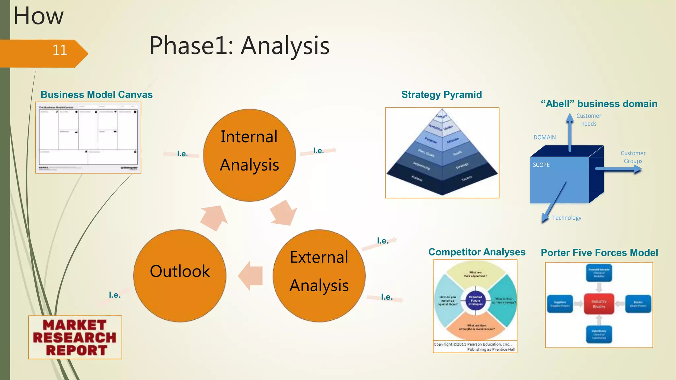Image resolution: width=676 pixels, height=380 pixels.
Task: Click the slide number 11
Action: coord(60,50)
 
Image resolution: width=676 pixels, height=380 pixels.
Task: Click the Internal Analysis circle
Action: coord(249,155)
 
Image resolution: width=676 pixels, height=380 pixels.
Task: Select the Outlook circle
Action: coord(180,275)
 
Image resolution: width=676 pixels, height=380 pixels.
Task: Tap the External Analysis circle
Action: coord(319,275)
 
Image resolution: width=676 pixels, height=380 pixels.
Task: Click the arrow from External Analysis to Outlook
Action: coord(251,275)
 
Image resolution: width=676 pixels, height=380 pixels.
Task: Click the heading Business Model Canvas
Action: coord(96,95)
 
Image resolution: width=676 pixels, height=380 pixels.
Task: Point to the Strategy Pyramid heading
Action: coord(441,95)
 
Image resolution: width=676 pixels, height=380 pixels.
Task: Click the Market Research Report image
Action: coord(75,337)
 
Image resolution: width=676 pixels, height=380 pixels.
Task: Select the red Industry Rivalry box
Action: coord(599,304)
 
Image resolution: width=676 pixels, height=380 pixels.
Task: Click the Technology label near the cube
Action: coord(566,218)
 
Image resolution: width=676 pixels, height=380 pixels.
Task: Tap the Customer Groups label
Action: coord(633,157)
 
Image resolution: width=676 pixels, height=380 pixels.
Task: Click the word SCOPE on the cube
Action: coord(541,165)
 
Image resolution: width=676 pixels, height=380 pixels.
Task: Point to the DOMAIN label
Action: coord(544,137)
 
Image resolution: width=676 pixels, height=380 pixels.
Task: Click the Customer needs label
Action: coord(589,120)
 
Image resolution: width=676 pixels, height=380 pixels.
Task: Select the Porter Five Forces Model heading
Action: coord(599,253)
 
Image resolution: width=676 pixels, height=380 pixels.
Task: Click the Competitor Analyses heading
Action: coord(477,252)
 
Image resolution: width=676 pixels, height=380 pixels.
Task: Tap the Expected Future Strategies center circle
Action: coord(475,301)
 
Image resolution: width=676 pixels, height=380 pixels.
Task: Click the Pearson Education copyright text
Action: coord(475,347)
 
